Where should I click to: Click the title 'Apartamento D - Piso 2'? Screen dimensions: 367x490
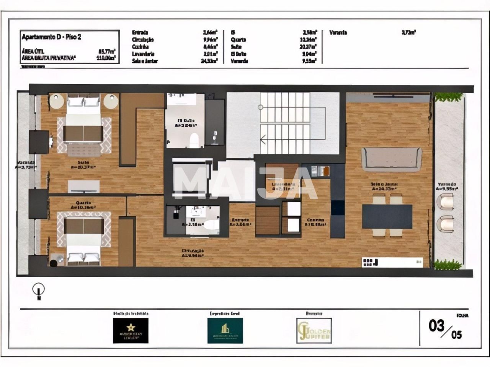tap(52, 37)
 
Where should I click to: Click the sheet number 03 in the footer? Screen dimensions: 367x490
tap(436, 326)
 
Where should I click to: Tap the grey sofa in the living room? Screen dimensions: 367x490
tap(391, 159)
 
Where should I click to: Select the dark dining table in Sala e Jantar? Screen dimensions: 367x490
tap(387, 216)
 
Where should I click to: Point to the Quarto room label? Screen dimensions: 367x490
tap(83, 203)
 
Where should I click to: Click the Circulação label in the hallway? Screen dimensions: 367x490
tap(192, 251)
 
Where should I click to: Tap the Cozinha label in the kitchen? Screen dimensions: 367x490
tap(315, 220)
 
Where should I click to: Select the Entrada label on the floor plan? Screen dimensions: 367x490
tap(240, 220)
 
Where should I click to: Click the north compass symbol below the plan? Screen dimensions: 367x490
tap(39, 290)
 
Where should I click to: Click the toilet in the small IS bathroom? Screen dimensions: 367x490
tap(210, 225)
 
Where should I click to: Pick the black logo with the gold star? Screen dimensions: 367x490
tap(131, 330)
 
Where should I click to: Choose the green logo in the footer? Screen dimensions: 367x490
tap(225, 330)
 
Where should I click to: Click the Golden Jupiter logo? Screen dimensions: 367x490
tap(314, 331)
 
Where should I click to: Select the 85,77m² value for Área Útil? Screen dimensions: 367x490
tap(107, 51)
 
